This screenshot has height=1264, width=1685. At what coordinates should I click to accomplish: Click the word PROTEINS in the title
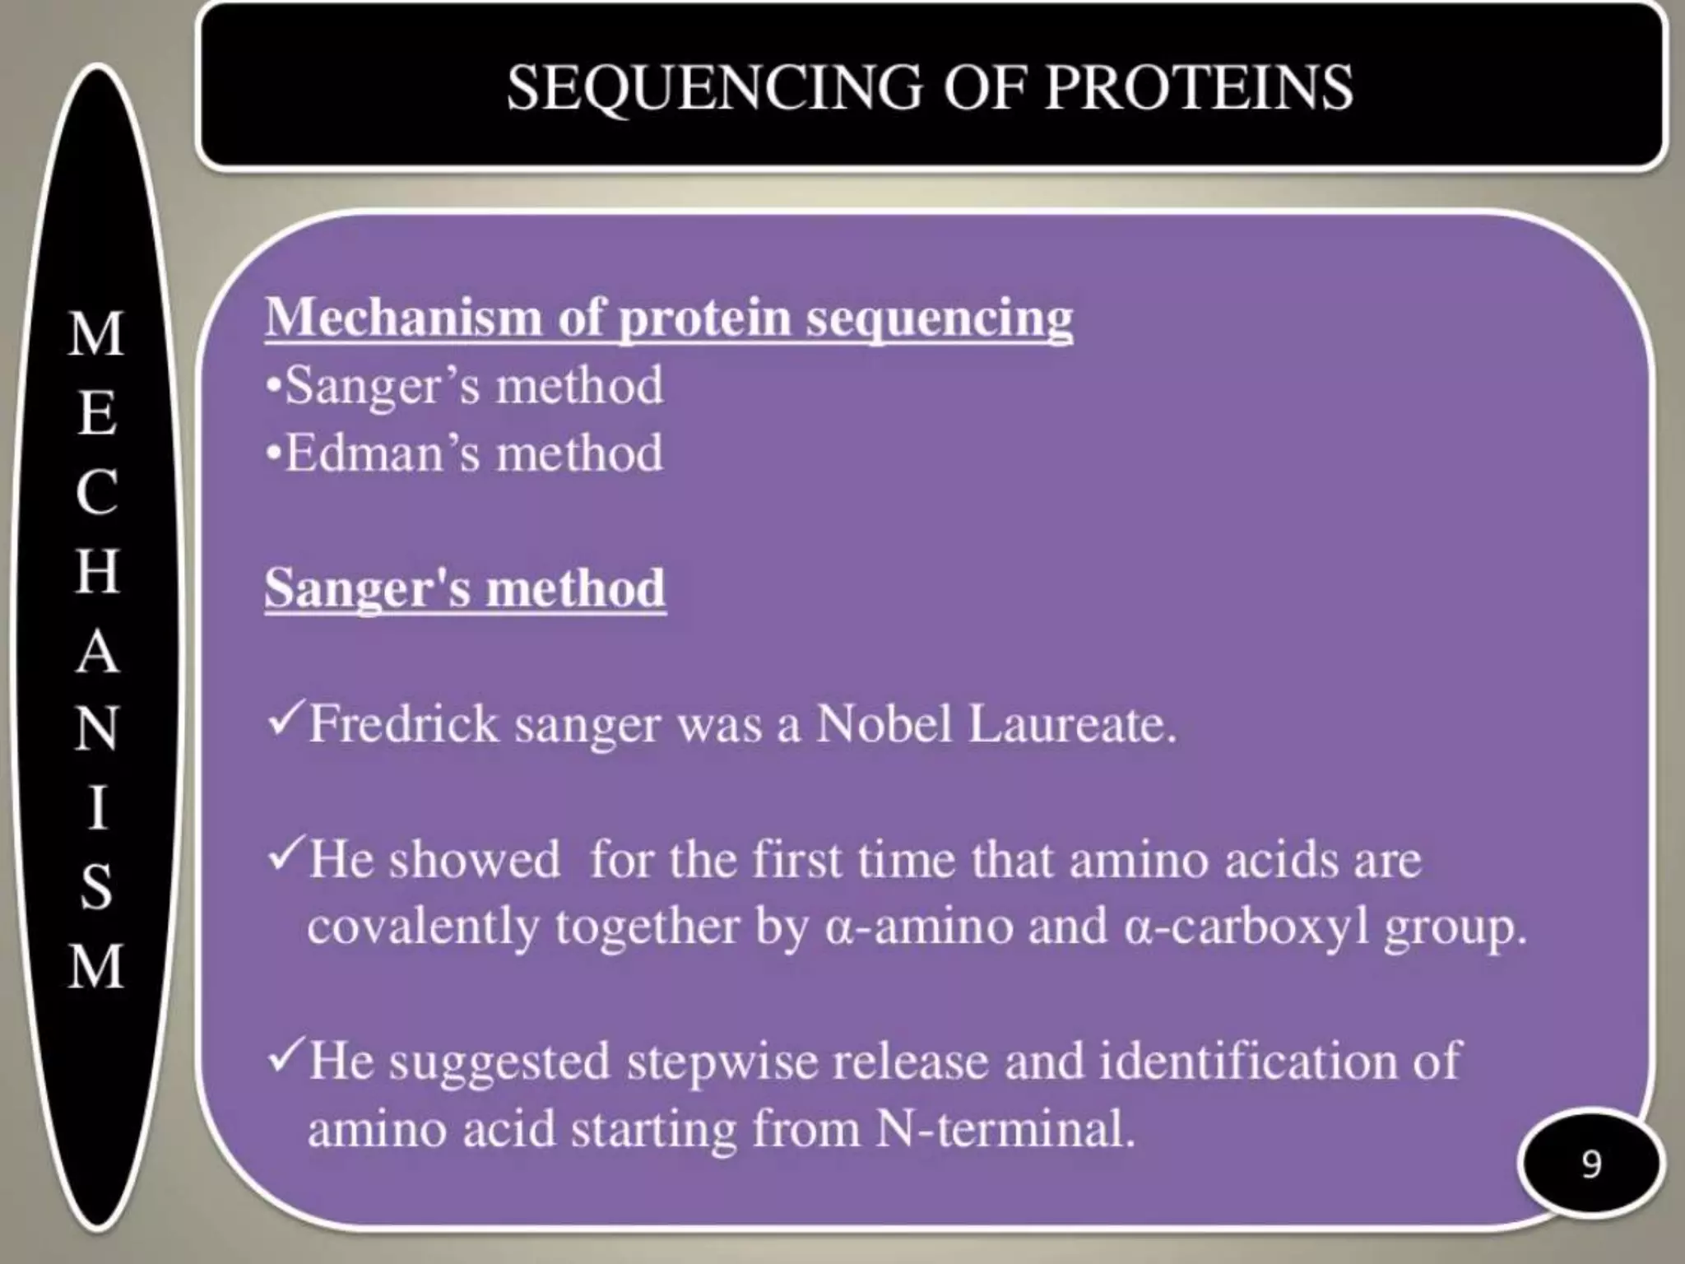pos(1199,87)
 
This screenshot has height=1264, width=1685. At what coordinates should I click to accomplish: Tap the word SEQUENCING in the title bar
pos(714,89)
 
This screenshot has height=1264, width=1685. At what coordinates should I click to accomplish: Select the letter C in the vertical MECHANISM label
pos(97,493)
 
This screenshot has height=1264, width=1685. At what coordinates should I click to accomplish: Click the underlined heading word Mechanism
pos(402,318)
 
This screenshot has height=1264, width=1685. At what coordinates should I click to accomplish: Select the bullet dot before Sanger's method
pos(274,385)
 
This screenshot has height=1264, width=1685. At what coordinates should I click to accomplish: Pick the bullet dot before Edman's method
pos(274,453)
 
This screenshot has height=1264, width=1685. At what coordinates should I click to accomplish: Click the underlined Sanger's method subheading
pos(465,588)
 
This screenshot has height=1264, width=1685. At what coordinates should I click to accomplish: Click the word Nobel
pos(884,724)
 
